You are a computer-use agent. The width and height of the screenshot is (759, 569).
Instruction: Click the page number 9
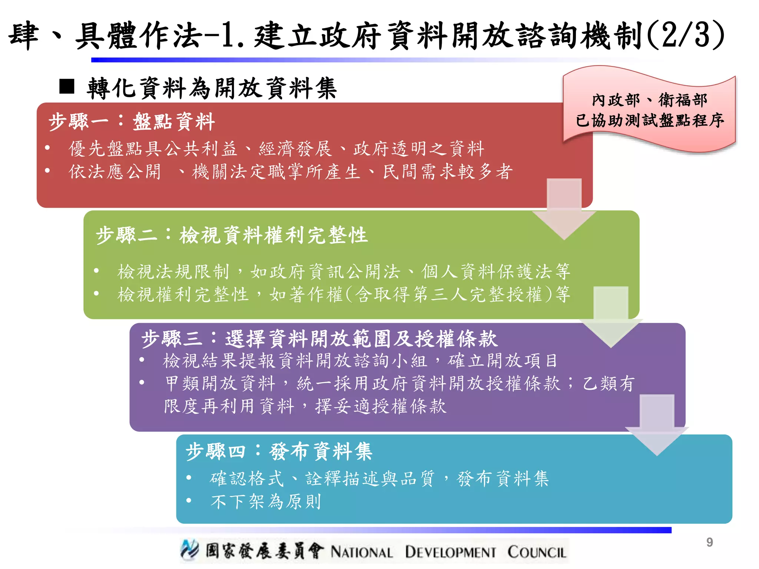coord(709,542)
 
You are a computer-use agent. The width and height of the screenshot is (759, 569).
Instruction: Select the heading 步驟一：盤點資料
coord(132,122)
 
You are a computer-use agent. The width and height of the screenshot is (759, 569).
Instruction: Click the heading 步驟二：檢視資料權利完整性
coord(232,235)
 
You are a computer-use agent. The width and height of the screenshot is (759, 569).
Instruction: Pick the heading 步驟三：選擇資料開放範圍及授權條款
coord(319,339)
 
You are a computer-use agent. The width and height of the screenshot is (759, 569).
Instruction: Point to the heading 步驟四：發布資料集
coord(279,452)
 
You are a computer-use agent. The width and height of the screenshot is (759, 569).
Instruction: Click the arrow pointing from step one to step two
coord(564,209)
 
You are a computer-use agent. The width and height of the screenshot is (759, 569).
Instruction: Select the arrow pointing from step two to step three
coord(611,317)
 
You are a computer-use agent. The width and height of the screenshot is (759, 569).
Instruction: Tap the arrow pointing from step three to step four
coord(657,425)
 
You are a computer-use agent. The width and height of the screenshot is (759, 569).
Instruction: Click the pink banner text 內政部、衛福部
coord(649,100)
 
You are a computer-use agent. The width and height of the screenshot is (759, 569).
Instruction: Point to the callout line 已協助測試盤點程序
coord(649,120)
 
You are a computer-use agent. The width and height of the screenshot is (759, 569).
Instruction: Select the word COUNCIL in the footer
coord(537,552)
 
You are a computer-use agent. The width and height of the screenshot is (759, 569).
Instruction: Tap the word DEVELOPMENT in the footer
coord(450,552)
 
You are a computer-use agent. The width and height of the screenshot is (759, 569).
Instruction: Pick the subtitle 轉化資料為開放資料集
coord(212,88)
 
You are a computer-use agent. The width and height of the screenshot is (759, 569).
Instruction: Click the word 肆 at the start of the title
coord(24,36)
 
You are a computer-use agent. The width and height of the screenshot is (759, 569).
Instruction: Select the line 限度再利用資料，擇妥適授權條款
coord(305,406)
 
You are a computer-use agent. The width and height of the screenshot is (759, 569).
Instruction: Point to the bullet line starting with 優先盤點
coord(276,149)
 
